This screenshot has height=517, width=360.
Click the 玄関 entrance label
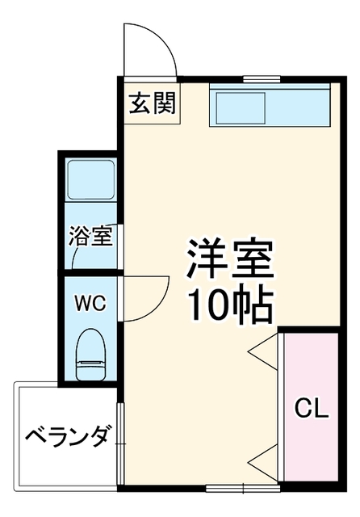153,103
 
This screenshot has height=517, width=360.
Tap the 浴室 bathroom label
91,236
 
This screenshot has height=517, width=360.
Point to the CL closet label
312,409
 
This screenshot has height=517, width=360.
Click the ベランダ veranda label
68,437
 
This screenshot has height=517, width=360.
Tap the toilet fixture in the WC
90,354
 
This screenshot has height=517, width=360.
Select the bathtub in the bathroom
91,179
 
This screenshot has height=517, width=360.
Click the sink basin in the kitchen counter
240,107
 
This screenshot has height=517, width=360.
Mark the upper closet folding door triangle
263,351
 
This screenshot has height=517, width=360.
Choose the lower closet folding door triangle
263,463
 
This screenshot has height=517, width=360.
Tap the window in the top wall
262,79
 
